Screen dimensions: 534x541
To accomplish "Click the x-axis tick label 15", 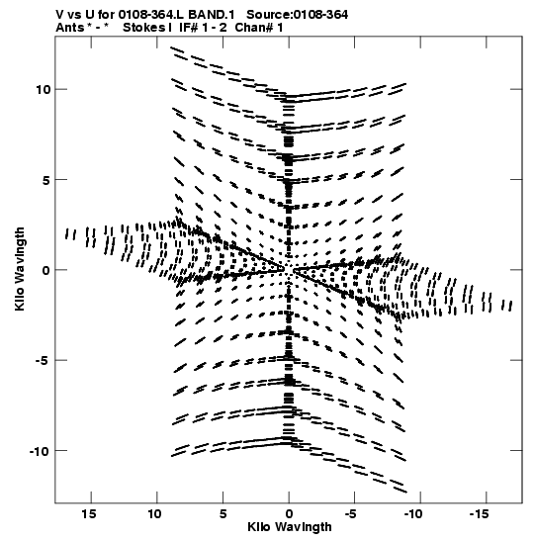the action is tap(88, 514).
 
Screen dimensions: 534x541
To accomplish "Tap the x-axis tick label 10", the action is tap(154, 514).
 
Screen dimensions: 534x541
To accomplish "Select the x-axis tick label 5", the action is tap(222, 514).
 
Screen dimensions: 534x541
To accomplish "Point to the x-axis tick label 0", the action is tap(289, 514).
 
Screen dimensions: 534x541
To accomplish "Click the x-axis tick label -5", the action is tap(350, 514).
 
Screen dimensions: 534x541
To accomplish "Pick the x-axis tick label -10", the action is tap(413, 514).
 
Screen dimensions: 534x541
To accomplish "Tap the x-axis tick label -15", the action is tap(480, 514).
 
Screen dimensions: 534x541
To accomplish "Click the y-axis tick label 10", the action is tap(44, 89).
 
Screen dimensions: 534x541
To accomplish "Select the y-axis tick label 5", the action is tap(46, 180).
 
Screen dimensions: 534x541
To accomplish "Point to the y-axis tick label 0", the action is tap(46, 270).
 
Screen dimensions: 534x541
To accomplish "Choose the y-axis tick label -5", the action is tap(43, 361).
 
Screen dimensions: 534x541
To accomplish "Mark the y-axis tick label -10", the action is tap(40, 451).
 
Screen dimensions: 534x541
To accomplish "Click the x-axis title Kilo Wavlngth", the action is tap(290, 527).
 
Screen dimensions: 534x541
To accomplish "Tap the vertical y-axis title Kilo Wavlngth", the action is tap(20, 269).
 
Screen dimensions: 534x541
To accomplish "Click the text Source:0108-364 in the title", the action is tap(298, 15).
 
